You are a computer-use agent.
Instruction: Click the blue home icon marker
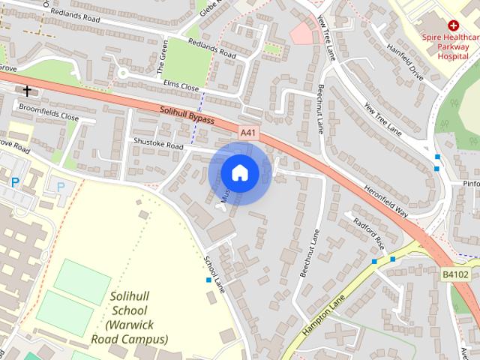point(240,172)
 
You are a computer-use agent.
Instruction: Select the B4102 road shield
point(452,275)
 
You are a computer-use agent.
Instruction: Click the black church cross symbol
point(28,91)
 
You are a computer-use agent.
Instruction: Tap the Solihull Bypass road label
point(187,115)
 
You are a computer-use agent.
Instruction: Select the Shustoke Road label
point(158,143)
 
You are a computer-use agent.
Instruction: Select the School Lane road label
point(214,274)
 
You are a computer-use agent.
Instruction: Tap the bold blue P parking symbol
point(15,182)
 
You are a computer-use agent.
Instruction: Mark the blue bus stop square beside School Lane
point(208,280)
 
